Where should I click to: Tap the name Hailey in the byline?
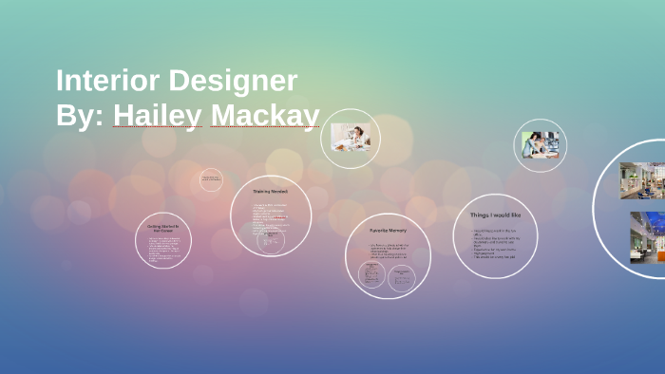tap(157, 116)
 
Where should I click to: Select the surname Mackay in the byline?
tap(265, 116)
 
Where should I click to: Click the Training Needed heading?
tap(270, 192)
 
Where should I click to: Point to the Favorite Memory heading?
tap(387, 231)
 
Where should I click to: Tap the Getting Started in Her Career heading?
tap(163, 229)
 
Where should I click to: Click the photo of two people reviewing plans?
tap(540, 145)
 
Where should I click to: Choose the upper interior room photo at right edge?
tap(642, 180)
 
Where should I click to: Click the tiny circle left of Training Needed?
tap(211, 179)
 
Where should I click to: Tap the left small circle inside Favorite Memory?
tap(371, 275)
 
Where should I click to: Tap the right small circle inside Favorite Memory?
tap(402, 276)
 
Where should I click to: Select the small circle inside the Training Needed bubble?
tap(269, 241)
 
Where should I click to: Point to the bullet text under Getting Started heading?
tap(163, 250)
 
